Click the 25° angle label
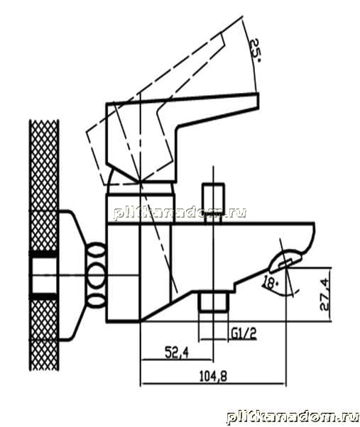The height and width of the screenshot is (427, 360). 255,50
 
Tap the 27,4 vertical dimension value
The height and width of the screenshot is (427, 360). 324,294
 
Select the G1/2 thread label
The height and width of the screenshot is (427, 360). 244,333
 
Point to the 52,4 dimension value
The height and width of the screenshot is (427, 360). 177,353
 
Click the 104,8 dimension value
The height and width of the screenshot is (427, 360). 213,377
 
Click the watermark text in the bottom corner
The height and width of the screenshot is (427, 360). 293,416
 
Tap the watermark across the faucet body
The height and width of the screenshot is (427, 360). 180,213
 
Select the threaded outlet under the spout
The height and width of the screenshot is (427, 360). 214,301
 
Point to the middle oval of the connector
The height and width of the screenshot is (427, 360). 96,274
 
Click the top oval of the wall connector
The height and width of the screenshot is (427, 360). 96,250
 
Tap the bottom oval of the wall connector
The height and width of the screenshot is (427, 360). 96,301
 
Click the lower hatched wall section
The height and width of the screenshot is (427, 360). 43,335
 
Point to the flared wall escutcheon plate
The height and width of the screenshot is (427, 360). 72,275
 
